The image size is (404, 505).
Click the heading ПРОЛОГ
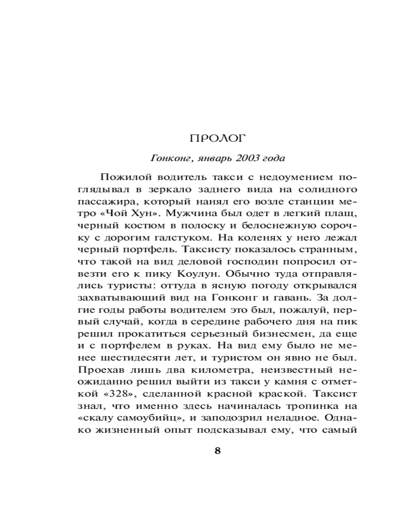pyautogui.click(x=218, y=137)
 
